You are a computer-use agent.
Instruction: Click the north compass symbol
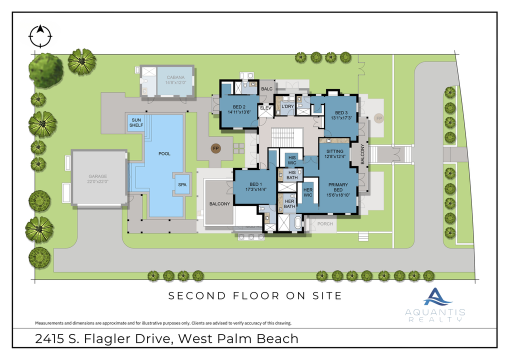coord(40,35)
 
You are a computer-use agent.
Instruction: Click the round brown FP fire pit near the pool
coord(216,148)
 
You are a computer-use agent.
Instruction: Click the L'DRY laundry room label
coord(287,107)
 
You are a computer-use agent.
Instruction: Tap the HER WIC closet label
coord(307,192)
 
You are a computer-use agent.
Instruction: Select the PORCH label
coord(325,223)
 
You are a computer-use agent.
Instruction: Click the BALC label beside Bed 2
coord(265,88)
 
